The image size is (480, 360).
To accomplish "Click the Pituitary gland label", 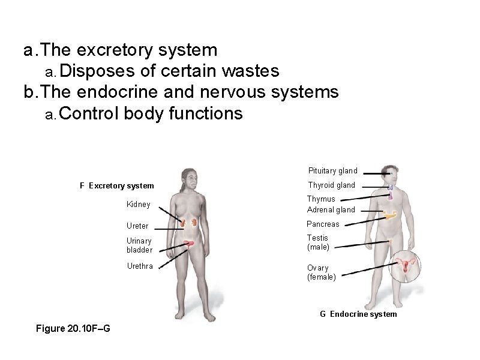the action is pos(332,170).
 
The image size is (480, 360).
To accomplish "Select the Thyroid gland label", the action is pos(331,185).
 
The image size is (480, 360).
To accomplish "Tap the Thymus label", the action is pos(321,199).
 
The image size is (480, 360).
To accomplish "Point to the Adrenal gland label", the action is pos(331,209).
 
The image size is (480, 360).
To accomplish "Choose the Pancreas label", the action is pos(323,224).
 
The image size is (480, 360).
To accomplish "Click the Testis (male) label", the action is pos(318,242).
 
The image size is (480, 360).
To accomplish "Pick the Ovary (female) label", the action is pos(321,272).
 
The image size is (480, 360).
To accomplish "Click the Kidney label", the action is pos(138,205).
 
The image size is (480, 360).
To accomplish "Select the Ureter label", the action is pos(137,226).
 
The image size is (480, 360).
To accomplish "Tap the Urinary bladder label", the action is pos(139,245).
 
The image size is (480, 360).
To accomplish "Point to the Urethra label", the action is pos(140,266).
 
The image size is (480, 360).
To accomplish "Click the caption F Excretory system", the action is pos(116,185).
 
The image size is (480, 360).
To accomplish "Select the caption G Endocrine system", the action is pos(358,314).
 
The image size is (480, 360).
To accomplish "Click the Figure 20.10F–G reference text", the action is pos(73,328).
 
